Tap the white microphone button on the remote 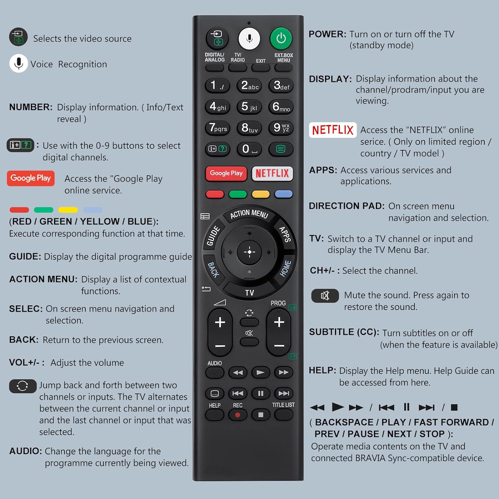point(249,39)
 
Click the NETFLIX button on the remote point(272,173)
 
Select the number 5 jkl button point(249,107)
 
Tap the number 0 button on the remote point(249,149)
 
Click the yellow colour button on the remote point(260,194)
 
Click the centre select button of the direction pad point(249,252)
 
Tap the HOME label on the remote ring point(285,269)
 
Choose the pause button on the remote point(260,394)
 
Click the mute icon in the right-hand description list point(325,296)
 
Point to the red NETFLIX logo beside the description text point(333,130)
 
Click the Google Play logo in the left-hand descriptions point(31,178)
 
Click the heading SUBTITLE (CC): point(344,332)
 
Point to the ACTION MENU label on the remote point(249,214)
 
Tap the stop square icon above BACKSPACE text point(454,408)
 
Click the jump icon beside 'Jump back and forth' point(23,386)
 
